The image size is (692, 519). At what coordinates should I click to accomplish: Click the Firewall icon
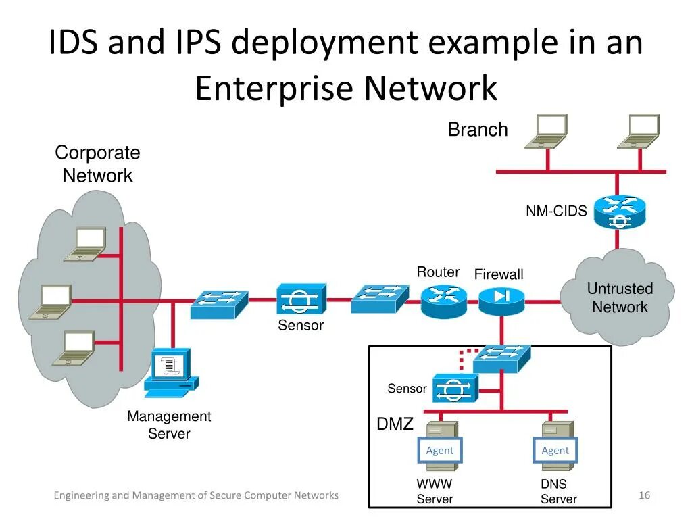501,301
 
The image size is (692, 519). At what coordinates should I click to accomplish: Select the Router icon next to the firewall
443,301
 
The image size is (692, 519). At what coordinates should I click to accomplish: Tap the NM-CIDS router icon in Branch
619,212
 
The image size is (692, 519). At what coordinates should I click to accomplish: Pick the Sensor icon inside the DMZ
455,388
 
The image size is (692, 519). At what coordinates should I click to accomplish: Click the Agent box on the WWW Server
439,450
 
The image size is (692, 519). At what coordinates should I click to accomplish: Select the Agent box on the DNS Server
555,450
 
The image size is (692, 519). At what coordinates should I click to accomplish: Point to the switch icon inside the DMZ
502,359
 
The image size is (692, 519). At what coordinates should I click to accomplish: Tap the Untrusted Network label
620,297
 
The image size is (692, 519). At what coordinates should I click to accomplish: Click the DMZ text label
395,424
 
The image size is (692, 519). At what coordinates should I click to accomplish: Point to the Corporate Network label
97,164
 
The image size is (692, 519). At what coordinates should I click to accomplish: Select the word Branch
478,129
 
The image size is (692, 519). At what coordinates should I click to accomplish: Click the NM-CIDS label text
556,211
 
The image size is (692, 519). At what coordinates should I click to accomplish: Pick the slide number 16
644,495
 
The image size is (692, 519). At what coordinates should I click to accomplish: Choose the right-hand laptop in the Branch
639,131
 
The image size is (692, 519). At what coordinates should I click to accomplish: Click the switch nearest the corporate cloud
220,304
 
